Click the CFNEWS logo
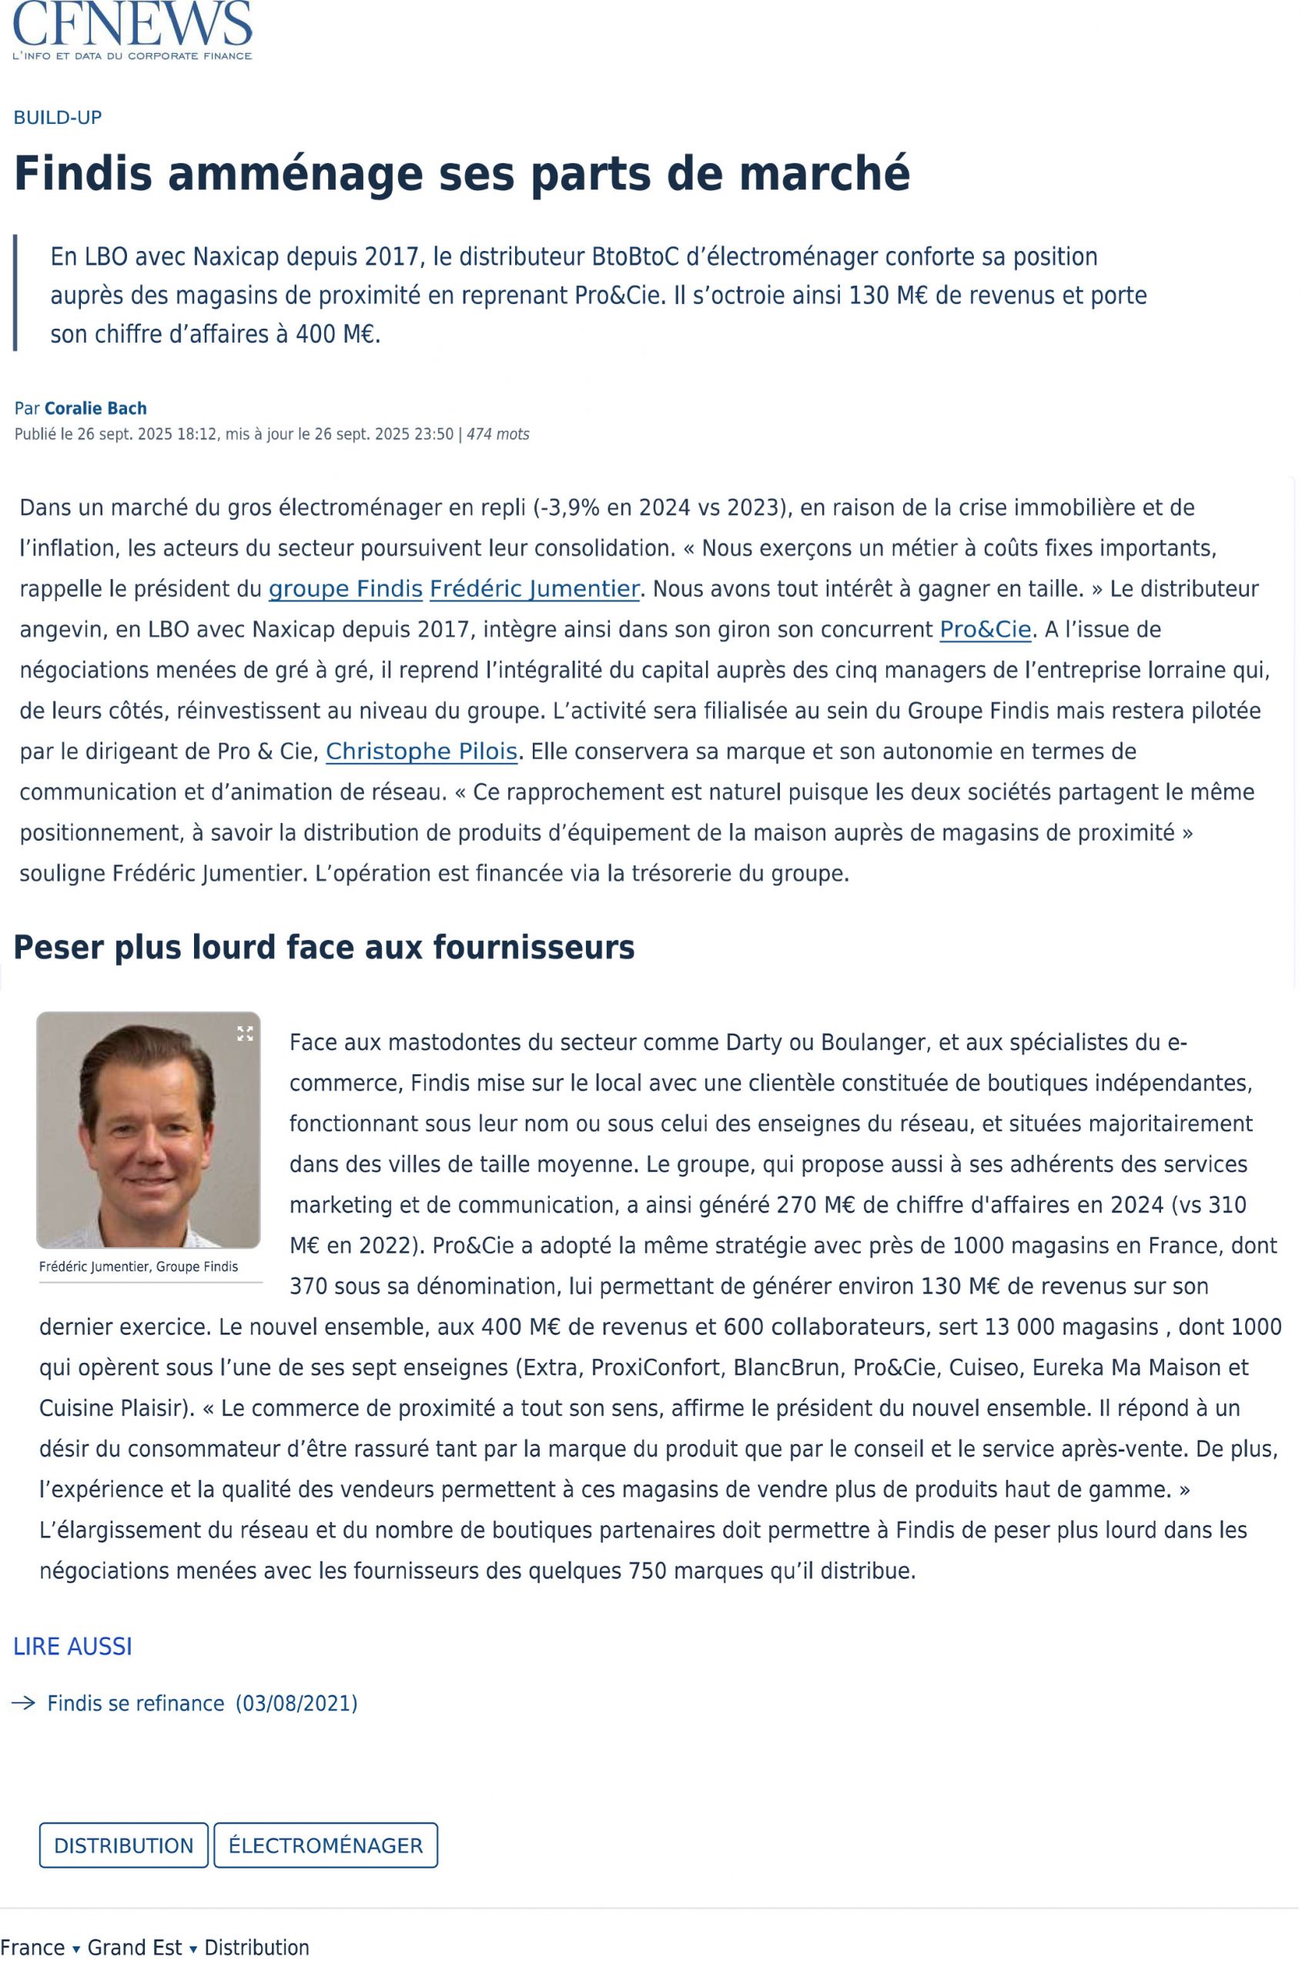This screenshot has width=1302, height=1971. (x=133, y=30)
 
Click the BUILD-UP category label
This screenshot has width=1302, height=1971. (x=57, y=117)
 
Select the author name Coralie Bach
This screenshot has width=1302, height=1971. (x=95, y=409)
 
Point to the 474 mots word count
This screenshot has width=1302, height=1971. (x=497, y=434)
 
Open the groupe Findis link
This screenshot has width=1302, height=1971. (x=346, y=589)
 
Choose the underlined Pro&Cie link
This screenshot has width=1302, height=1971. (x=985, y=629)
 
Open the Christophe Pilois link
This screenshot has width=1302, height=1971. (x=422, y=751)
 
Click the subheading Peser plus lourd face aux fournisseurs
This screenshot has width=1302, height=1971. (x=324, y=947)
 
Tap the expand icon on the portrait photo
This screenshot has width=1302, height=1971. (x=245, y=1034)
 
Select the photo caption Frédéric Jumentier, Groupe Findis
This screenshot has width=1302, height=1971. (x=139, y=1267)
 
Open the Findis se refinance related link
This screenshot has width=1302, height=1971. (x=136, y=1704)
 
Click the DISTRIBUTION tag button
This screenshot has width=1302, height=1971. (x=124, y=1846)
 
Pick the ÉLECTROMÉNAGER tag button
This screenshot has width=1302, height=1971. (x=326, y=1846)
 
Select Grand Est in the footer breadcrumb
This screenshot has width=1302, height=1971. (x=135, y=1948)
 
